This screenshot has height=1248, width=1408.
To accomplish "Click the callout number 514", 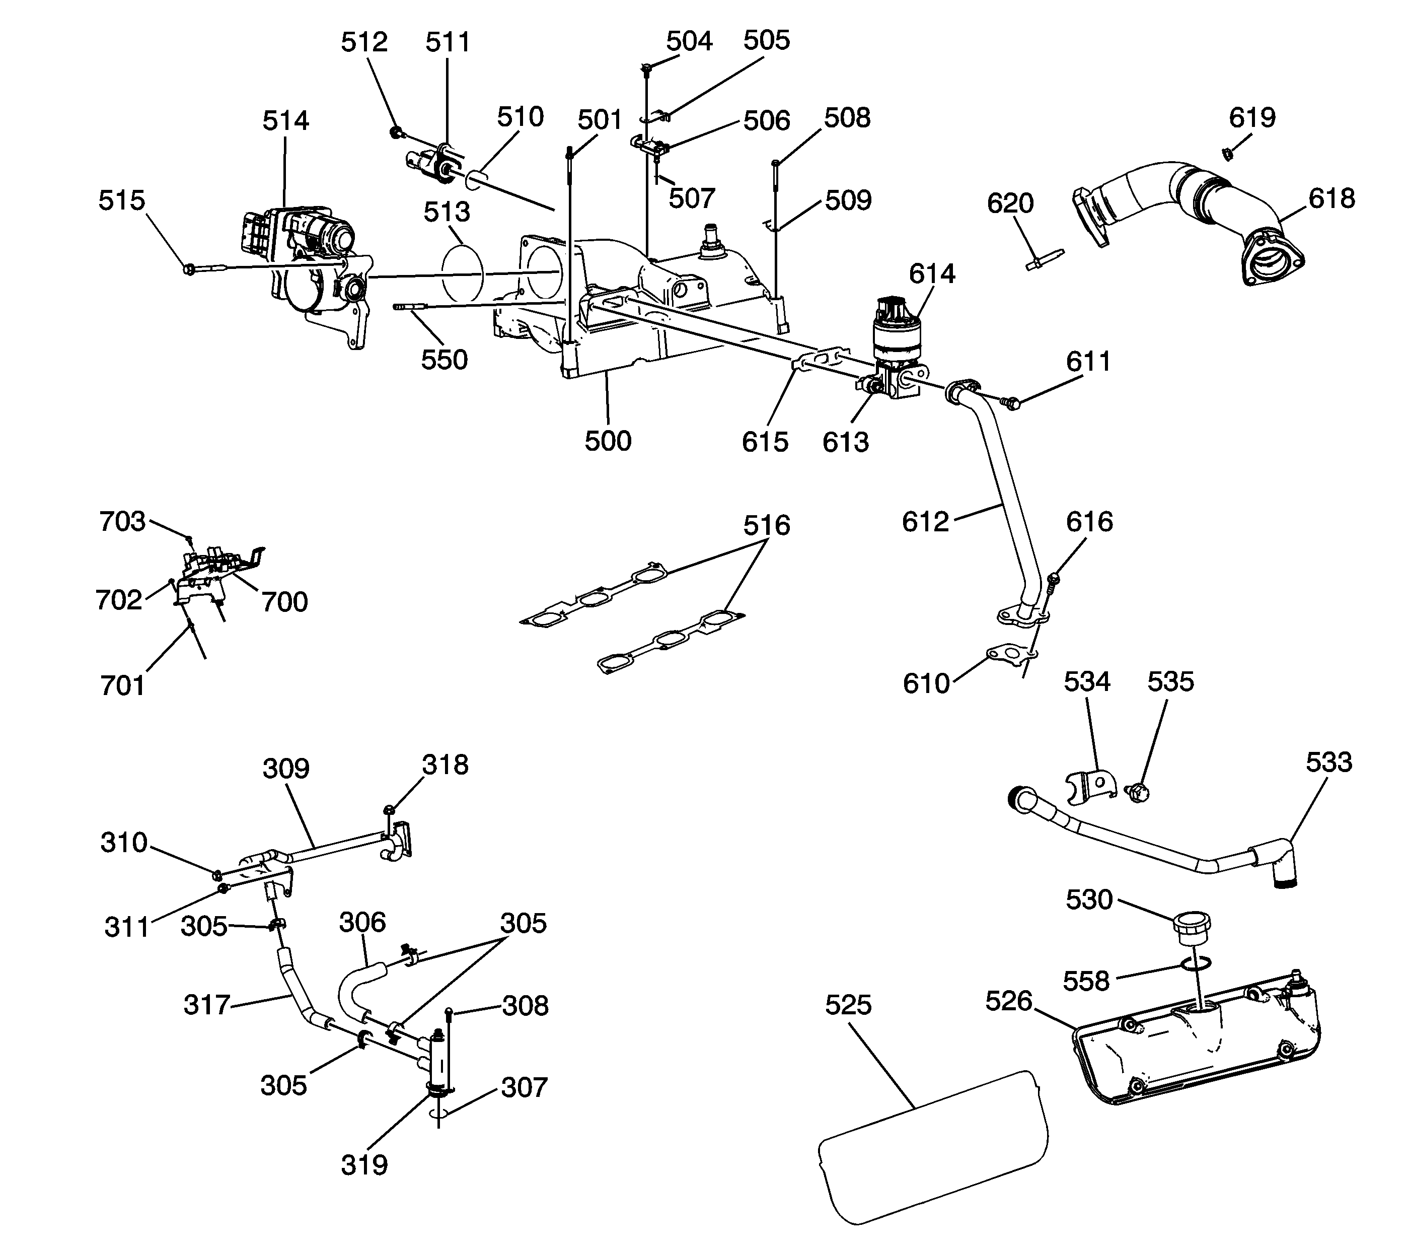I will click(285, 121).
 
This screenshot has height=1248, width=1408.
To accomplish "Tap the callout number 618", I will click(1331, 199).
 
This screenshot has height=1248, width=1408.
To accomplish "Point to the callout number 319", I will click(364, 1166).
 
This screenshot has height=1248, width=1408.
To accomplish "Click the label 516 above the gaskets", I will click(766, 526).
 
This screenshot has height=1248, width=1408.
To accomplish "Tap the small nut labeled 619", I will click(1227, 155).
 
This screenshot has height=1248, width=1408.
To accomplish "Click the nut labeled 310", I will click(216, 875).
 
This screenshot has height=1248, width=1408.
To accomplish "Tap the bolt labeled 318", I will click(389, 809).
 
